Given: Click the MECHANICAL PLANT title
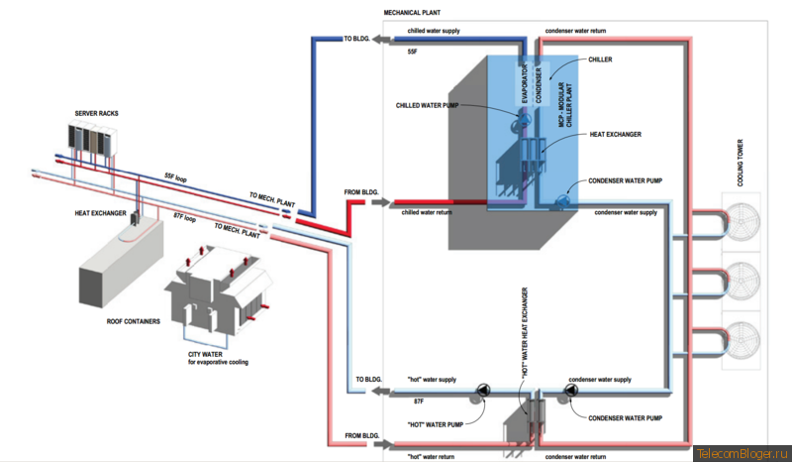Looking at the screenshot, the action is (412, 13).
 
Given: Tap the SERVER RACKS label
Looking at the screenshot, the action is (96, 113).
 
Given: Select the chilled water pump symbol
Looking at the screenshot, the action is (524, 120).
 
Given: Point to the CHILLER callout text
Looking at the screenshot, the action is (600, 59).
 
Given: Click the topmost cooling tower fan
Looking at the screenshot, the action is (742, 221).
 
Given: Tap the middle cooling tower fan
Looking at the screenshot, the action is (742, 280).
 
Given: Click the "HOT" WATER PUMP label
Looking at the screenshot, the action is (436, 424).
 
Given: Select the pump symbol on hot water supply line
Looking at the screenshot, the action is (483, 391).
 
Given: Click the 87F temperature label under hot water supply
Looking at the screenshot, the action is (419, 402).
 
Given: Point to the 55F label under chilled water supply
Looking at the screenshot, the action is (413, 52).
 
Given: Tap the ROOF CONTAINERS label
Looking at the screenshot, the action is (134, 321).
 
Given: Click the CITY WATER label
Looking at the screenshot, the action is (205, 354).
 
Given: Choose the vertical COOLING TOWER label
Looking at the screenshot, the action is (740, 163).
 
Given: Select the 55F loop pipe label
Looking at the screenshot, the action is (175, 177).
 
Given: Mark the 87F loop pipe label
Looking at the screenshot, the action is (184, 217).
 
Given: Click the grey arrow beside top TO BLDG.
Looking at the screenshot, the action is (381, 39).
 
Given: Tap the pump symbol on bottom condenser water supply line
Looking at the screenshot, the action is (571, 391).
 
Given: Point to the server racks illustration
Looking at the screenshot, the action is (92, 137).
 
